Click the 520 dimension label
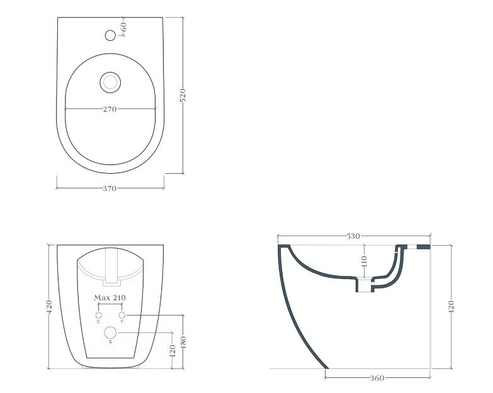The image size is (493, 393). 183,95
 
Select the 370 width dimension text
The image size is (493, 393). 110,189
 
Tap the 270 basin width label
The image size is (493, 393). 110,109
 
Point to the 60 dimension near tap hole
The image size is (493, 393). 123,26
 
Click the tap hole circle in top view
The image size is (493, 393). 110,35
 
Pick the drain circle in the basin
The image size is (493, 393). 110,83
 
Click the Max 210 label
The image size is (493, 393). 110,297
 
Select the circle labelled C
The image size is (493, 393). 98,316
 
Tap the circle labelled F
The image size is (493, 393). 122,315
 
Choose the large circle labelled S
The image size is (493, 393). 110,333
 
